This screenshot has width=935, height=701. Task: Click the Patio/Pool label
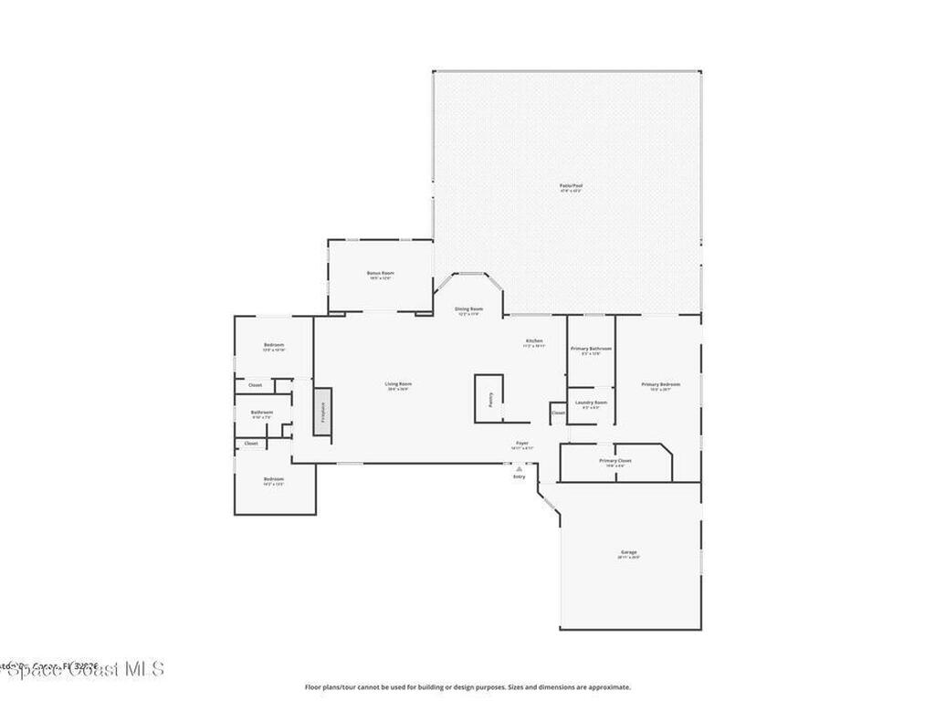point(571,185)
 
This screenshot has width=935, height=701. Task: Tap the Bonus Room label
point(380,273)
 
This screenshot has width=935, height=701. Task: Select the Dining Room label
point(469,309)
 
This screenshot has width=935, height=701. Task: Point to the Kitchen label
point(533,341)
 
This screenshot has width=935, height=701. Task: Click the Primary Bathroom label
point(591,349)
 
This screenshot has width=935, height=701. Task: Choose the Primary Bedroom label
point(660,384)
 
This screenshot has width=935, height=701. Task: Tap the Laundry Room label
point(591,403)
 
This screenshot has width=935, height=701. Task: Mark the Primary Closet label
point(615,461)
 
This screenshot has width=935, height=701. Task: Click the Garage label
point(628,552)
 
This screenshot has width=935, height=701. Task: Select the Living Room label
point(398,384)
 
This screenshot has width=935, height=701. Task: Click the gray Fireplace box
point(321,411)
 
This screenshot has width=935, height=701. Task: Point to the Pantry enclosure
point(489,399)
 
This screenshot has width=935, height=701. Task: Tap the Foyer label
point(522,444)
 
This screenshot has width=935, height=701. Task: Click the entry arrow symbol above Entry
point(519,468)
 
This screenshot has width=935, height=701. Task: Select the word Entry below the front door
point(519,476)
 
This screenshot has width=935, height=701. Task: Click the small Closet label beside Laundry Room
point(558,413)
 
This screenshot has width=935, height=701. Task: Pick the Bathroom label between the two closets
point(262,413)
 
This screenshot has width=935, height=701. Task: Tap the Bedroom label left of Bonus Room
point(274,344)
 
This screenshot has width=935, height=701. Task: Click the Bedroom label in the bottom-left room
point(274,479)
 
